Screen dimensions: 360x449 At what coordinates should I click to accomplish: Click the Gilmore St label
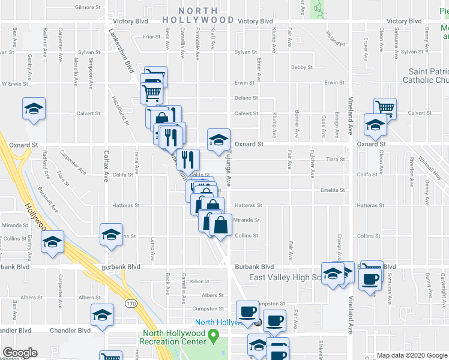(88, 8)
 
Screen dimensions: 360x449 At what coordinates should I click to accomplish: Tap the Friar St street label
(151, 37)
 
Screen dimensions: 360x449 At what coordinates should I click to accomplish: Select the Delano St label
(246, 98)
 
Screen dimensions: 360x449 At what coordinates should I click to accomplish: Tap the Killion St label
(199, 281)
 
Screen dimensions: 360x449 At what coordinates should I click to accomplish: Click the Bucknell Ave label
(49, 201)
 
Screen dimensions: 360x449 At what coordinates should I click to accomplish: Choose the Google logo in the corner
(20, 353)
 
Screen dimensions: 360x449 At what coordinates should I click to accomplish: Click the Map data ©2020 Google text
(411, 356)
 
